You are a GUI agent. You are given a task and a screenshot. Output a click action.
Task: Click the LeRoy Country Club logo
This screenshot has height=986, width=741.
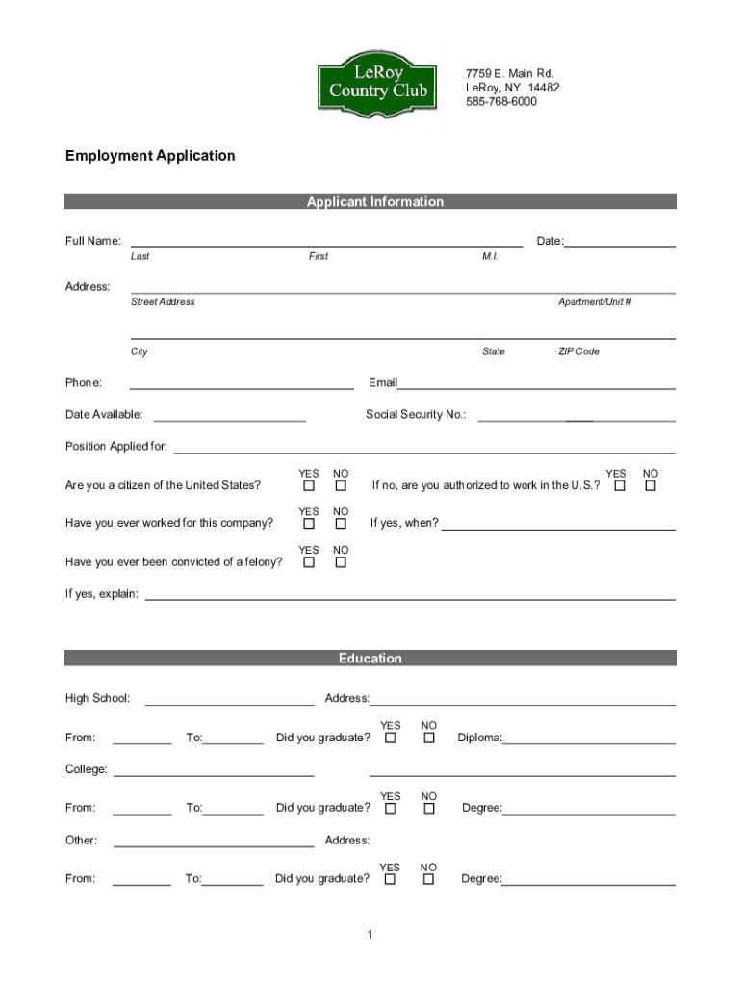coord(377,84)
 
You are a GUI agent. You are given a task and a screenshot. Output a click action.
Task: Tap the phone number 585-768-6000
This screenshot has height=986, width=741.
coord(501,101)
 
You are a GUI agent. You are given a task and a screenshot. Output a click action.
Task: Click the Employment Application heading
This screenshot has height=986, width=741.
coord(150,155)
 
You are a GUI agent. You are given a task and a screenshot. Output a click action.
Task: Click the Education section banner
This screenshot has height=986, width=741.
coord(370,659)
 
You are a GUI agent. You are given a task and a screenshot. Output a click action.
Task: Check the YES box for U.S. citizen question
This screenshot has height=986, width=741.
coord(309,485)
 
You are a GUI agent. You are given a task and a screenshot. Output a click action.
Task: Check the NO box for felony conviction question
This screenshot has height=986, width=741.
coord(341,562)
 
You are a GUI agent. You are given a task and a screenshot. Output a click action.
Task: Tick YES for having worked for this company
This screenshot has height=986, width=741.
coord(309,524)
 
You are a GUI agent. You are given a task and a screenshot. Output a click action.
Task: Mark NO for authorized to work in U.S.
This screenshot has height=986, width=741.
coord(651,485)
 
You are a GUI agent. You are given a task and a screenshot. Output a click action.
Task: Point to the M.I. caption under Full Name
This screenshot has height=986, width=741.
coord(491,256)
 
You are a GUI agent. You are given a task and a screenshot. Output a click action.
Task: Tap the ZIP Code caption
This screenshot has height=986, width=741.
coord(578,351)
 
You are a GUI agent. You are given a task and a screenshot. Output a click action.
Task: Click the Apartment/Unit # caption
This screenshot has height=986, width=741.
coord(595,301)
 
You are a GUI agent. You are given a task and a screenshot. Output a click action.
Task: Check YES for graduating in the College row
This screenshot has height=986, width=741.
coord(391,809)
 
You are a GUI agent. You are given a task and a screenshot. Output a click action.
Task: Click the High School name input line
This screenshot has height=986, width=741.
coord(229,702)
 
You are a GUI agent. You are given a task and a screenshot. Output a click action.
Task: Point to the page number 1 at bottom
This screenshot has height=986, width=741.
coord(370,934)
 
